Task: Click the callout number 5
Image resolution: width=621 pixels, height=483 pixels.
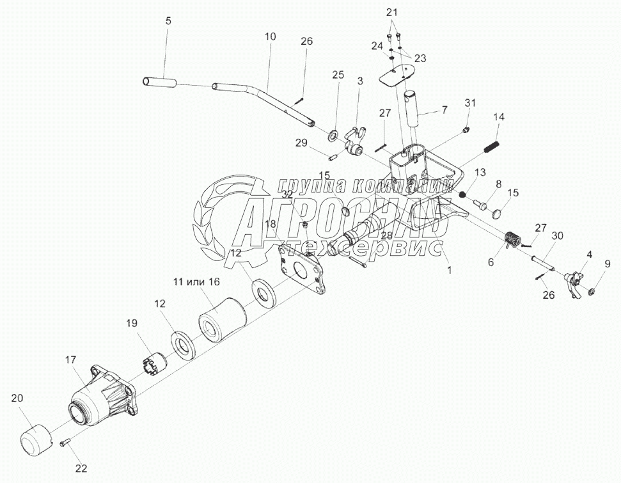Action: coord(168,20)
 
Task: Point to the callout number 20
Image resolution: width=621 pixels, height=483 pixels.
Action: coord(17,398)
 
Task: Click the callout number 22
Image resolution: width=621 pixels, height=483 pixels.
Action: coord(80,468)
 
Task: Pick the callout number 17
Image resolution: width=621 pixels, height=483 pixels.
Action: coord(70,360)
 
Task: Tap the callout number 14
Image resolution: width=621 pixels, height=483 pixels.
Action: coord(499,116)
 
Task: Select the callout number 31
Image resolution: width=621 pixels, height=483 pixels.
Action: coord(471,103)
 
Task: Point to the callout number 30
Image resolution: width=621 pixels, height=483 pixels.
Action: coord(557,235)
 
